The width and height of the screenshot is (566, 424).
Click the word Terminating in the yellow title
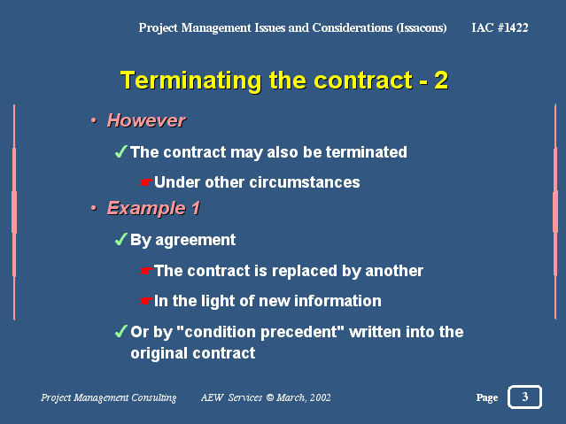pyautogui.click(x=190, y=81)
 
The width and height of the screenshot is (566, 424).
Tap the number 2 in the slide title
pyautogui.click(x=441, y=81)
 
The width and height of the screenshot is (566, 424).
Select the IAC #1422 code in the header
pyautogui.click(x=500, y=27)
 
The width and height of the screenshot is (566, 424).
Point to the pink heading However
pyautogui.click(x=146, y=120)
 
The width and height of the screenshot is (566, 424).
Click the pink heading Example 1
pyautogui.click(x=153, y=208)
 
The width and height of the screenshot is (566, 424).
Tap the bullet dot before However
pyautogui.click(x=94, y=120)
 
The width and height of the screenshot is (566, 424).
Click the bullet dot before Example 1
pyautogui.click(x=94, y=208)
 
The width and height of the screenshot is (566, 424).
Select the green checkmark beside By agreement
pyautogui.click(x=121, y=238)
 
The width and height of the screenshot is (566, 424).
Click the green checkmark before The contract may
pyautogui.click(x=121, y=151)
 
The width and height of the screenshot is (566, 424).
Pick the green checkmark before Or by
pyautogui.click(x=121, y=331)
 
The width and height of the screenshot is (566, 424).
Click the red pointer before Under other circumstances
pyautogui.click(x=146, y=182)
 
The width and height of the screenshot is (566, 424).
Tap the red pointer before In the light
pyautogui.click(x=146, y=301)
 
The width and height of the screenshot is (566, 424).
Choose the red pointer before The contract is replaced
pyautogui.click(x=146, y=271)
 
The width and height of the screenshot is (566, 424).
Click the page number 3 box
pyautogui.click(x=525, y=397)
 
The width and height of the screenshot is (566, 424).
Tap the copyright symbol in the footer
pyautogui.click(x=270, y=397)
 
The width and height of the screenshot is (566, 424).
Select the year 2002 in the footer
pyautogui.click(x=320, y=397)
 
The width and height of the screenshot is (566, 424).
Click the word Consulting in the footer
pyautogui.click(x=154, y=397)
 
